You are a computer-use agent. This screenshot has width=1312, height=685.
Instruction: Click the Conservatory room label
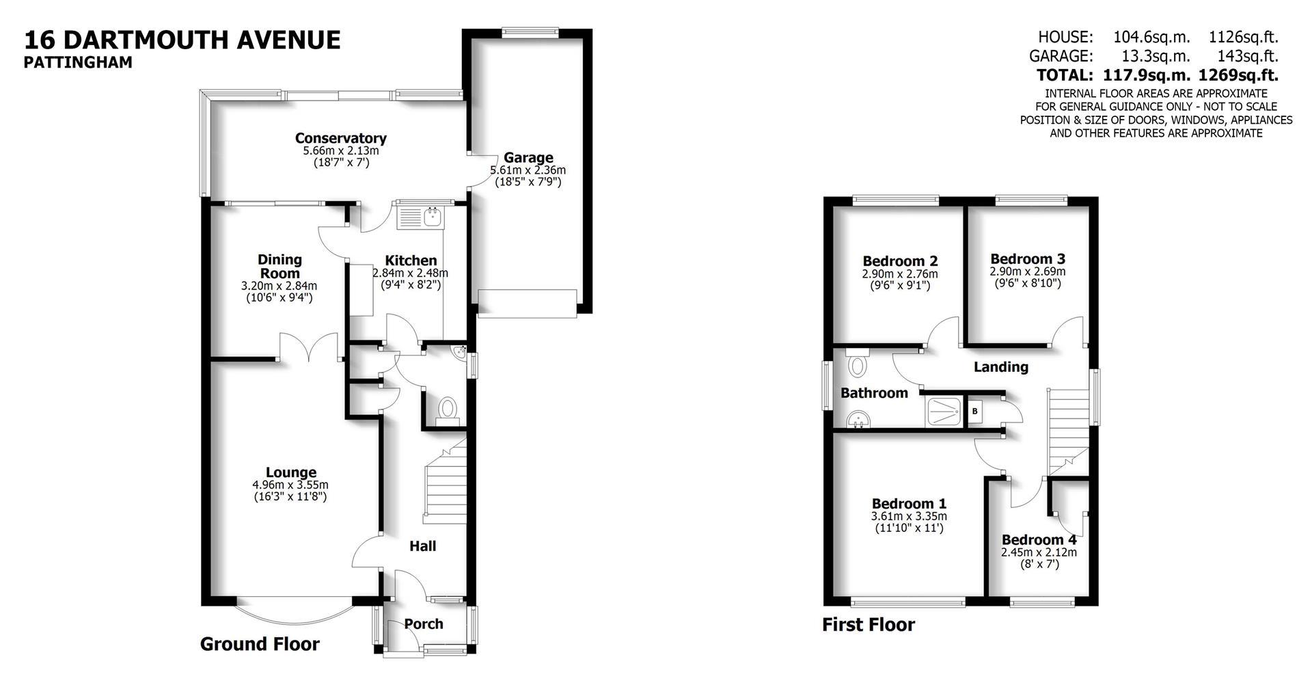[340, 138]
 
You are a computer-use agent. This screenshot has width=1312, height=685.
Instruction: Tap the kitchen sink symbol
[432, 217]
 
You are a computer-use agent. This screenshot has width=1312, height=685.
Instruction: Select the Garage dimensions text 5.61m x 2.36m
[528, 170]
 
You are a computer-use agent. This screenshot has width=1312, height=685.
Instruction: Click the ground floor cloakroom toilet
[448, 409]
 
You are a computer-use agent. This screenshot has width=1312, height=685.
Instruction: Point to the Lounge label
[291, 472]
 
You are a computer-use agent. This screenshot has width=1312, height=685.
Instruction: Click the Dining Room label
[279, 266]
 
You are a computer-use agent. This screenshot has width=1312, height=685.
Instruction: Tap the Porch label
[424, 623]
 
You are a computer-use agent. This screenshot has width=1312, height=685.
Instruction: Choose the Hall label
[422, 546]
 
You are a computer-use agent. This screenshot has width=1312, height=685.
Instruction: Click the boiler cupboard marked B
[974, 412]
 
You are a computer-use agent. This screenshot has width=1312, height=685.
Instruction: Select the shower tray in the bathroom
[944, 411]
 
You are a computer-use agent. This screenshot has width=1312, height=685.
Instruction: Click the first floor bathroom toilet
[856, 364]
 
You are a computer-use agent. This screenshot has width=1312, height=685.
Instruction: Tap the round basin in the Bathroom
[856, 418]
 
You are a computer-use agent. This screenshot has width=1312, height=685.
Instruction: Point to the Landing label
[1000, 367]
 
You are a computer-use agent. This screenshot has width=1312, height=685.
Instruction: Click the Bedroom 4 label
[1039, 539]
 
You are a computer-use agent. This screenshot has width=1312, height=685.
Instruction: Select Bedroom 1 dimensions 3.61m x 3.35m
[909, 516]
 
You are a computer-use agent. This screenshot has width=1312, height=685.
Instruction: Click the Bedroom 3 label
[1028, 259]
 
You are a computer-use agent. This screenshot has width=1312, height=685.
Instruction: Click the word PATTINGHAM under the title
[78, 62]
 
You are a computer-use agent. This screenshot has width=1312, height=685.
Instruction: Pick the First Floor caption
[868, 624]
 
